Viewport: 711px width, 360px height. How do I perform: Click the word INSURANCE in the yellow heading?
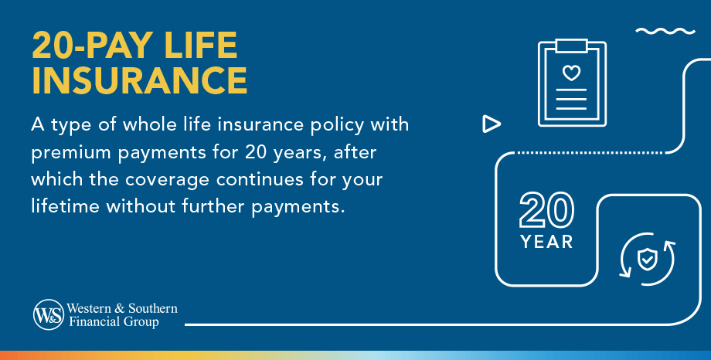[x=140, y=80]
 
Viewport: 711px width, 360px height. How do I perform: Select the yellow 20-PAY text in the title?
[x=93, y=46]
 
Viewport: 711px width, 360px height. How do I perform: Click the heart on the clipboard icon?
[x=571, y=73]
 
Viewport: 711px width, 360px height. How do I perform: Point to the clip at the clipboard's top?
[x=571, y=46]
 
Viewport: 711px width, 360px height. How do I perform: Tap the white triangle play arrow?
[x=492, y=124]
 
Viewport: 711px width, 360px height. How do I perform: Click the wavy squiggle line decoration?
[x=665, y=31]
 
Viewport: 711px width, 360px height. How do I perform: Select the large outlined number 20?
[x=547, y=209]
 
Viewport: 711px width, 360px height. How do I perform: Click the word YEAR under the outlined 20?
[x=547, y=242]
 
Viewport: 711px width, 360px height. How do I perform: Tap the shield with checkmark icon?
[x=647, y=260]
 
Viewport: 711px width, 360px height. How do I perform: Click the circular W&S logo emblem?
[x=49, y=314]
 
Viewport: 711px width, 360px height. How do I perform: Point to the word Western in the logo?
[x=89, y=308]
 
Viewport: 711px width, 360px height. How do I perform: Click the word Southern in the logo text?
[x=153, y=308]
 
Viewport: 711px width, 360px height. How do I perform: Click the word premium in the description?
[x=71, y=153]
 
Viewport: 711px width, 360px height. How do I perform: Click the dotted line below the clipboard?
[x=590, y=153]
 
